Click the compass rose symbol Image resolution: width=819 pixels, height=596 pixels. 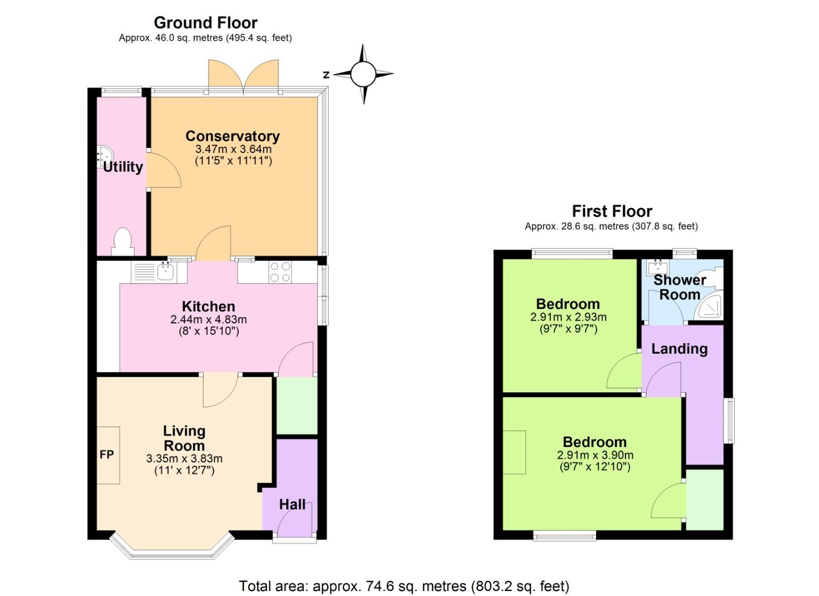tap(363, 73)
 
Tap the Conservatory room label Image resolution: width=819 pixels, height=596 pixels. tap(233, 136)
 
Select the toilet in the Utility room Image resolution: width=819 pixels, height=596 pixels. tap(122, 242)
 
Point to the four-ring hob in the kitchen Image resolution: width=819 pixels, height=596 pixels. tap(280, 272)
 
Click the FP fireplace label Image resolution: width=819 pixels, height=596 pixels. tap(107, 455)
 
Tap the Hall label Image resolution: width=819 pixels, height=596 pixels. tap(292, 504)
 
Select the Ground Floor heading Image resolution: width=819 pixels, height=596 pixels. tap(205, 23)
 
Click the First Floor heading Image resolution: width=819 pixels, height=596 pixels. tap(612, 211)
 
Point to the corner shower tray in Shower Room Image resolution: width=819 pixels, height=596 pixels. tap(710, 307)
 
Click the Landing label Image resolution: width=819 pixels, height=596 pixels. tap(679, 349)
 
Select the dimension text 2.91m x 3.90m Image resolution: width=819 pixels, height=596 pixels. tap(595, 455)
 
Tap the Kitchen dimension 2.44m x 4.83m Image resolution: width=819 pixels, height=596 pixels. tap(208, 320)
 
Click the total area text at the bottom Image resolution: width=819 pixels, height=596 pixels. tap(404, 586)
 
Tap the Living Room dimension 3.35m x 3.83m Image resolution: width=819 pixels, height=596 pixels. tap(184, 458)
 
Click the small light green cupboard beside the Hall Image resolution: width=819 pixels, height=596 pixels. tap(297, 406)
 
